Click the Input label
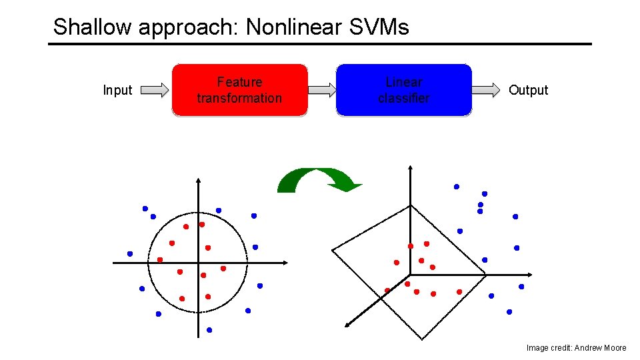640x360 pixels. coord(117,90)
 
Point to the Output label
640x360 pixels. coord(528,90)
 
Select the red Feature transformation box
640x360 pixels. coord(240,90)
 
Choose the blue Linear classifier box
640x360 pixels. coord(403,90)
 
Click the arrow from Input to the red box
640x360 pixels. coord(155,90)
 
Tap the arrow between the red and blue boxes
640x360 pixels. coord(322,90)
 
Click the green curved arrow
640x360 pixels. coord(319,180)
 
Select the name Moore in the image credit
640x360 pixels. coord(613,347)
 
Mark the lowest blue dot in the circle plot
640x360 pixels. coord(209,330)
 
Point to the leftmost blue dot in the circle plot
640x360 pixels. coord(130,253)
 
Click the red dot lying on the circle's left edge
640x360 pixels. coord(160,259)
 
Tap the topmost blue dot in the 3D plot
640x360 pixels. coord(457,187)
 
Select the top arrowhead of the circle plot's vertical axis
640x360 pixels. coord(198,181)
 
